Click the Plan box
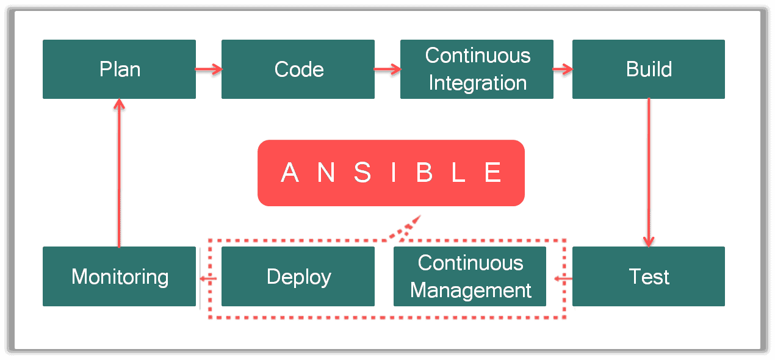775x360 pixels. [119, 69]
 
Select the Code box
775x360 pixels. [298, 69]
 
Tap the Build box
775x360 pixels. [648, 69]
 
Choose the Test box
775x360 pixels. [648, 276]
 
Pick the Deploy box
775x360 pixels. [298, 276]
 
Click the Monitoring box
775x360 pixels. [119, 276]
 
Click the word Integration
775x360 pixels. [477, 83]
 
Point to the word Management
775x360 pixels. [470, 290]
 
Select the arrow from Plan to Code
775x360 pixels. [209, 69]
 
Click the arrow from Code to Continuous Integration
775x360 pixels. [387, 69]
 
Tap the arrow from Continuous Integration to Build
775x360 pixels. [563, 69]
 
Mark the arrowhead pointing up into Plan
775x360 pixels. [119, 104]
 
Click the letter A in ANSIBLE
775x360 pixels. [290, 173]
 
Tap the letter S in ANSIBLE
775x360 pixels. [362, 173]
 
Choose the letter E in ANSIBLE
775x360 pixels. [493, 173]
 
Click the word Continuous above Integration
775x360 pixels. [477, 56]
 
